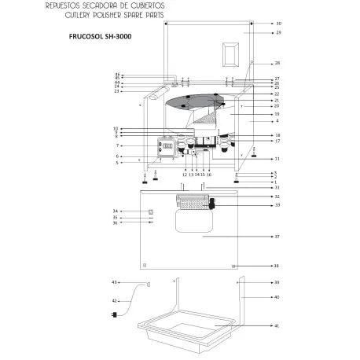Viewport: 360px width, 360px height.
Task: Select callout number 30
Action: tap(277, 24)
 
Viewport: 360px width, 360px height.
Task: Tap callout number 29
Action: tap(277, 33)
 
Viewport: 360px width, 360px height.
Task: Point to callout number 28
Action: tap(277, 63)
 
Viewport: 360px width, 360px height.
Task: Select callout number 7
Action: tap(116, 145)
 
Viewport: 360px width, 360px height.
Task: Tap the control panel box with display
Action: tap(167, 147)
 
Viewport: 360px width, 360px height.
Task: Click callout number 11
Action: tap(277, 159)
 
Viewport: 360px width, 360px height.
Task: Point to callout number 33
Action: tap(277, 205)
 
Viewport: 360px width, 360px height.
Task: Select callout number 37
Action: tap(277, 236)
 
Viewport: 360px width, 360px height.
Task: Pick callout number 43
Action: tap(114, 281)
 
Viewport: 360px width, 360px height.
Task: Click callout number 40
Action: tap(277, 297)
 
